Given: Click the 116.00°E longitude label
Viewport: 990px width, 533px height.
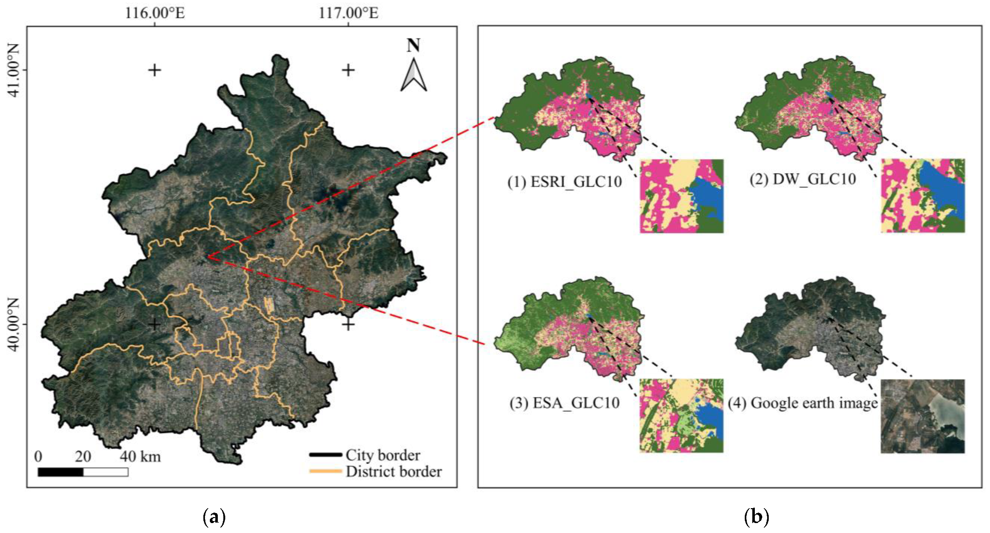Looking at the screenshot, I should coord(155,12).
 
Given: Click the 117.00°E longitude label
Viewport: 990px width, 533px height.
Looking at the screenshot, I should coord(348,12).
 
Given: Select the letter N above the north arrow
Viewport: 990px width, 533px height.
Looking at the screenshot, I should coord(413,46).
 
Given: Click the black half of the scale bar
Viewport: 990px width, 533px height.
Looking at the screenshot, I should coord(60,472).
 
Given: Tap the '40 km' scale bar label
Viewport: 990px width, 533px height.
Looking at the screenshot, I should coord(140,457).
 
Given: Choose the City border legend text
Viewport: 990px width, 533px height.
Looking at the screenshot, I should coord(382,455).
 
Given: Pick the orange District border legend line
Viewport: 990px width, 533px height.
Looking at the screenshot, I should coord(325,471).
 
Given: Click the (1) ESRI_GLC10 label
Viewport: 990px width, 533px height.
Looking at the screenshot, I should coord(564,182).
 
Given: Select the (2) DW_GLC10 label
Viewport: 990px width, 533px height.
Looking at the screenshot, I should coord(803,179).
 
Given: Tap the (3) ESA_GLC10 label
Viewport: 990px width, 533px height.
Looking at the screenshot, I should coord(564,402).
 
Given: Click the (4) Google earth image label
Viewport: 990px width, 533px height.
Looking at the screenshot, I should coord(803,403).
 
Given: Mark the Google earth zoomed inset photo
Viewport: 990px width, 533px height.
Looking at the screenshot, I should coord(922,416).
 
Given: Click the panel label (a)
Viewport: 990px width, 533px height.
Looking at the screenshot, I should coord(214,517).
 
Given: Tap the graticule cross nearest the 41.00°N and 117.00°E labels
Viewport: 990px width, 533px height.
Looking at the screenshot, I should coord(348,70).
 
